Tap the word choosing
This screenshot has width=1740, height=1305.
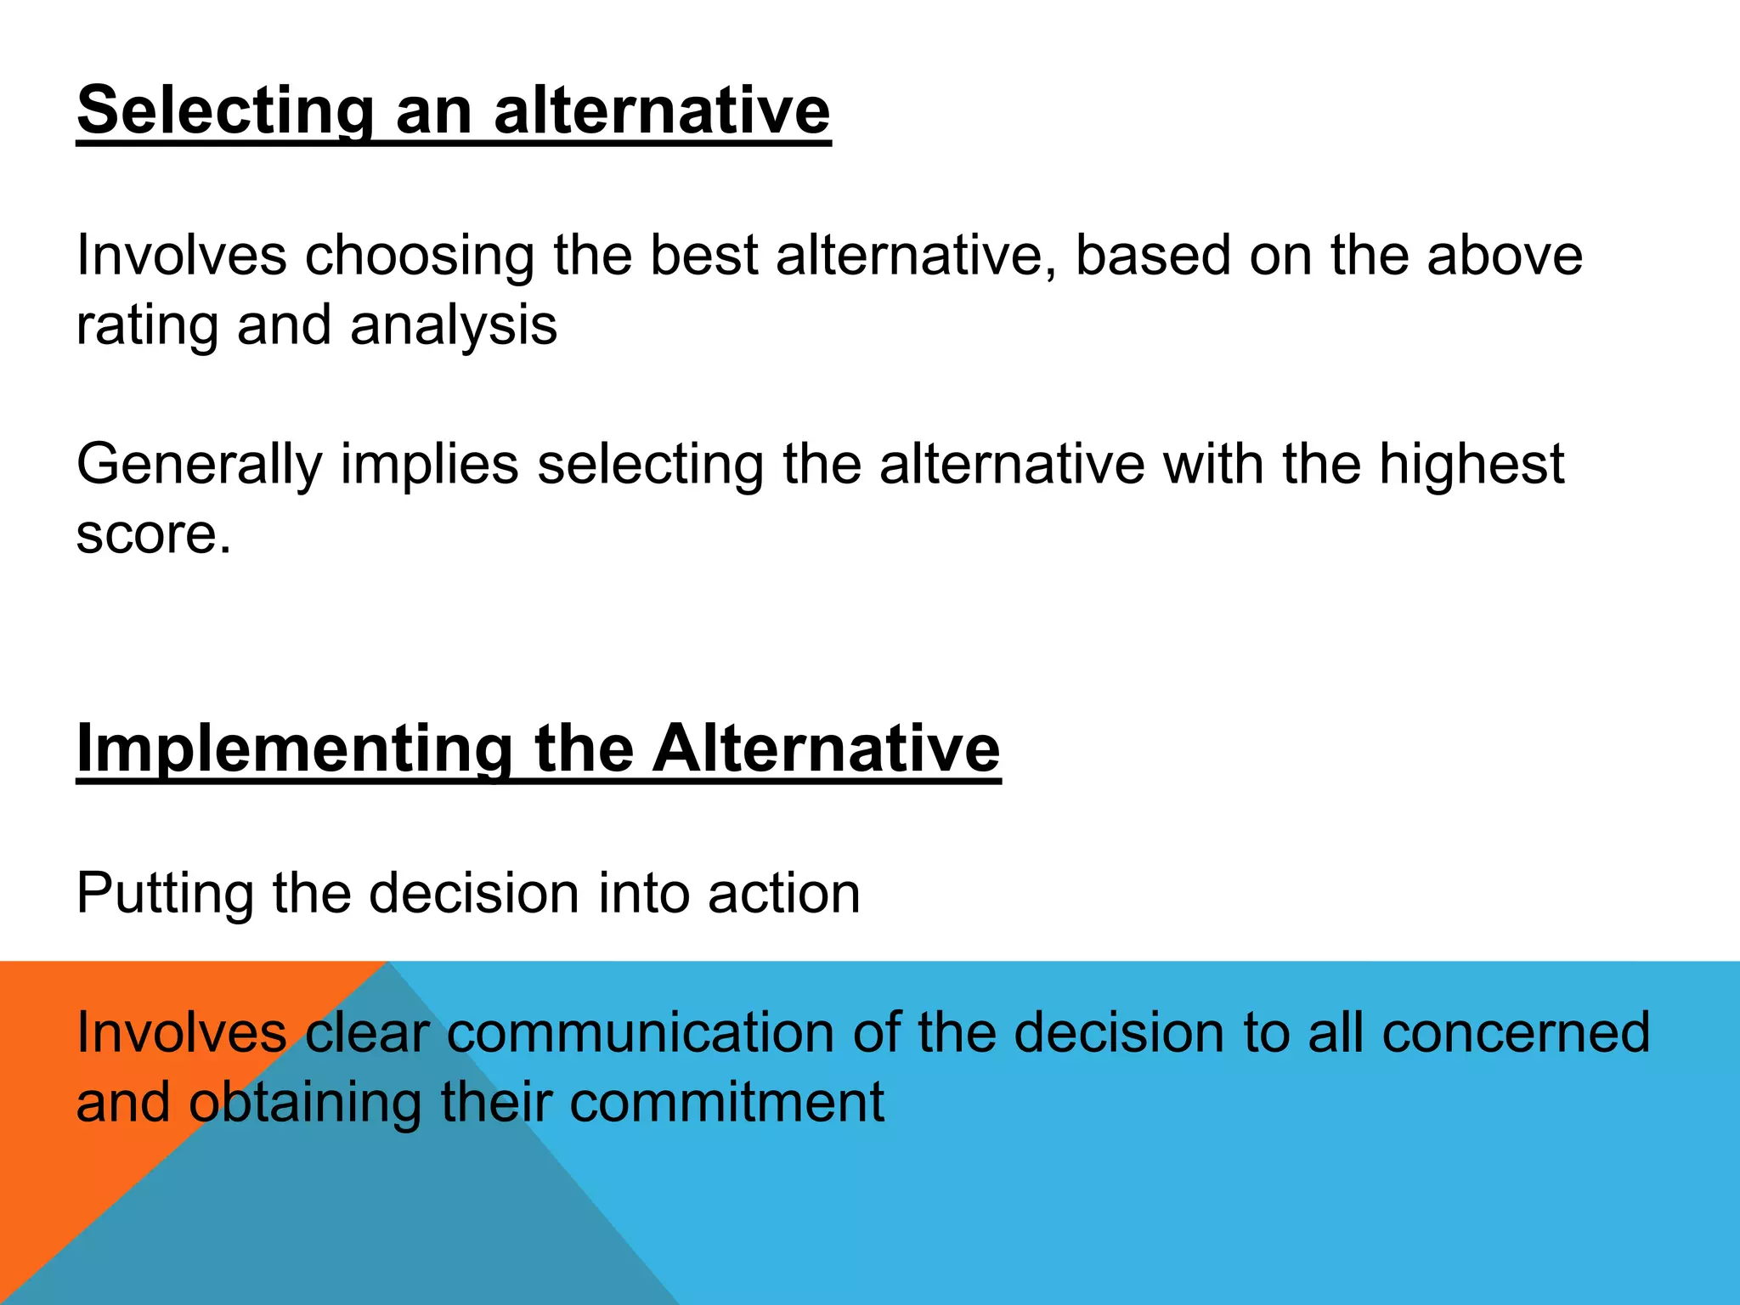coord(420,255)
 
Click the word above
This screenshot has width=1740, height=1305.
coord(1504,255)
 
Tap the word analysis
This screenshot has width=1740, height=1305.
coord(454,325)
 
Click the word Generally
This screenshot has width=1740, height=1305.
coord(200,464)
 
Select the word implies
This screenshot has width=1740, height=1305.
coord(429,464)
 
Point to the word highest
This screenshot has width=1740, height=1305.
coord(1471,464)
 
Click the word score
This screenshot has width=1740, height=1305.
coord(153,535)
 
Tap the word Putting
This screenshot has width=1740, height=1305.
coord(165,894)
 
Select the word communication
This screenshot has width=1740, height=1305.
coord(641,1033)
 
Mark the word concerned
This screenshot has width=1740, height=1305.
coord(1515,1033)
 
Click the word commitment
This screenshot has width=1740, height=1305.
coord(726,1103)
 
